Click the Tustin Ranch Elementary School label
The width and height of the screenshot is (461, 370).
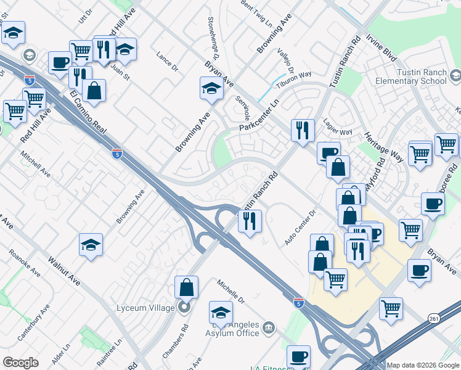(422, 76)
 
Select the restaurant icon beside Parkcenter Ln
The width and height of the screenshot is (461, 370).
(302, 130)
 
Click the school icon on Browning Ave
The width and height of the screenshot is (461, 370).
(211, 89)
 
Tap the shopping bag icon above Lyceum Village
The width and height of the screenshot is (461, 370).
(186, 287)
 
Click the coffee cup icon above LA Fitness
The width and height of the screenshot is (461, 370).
(298, 356)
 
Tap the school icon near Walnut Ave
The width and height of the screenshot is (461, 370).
(91, 245)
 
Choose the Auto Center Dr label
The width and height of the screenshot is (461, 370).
(300, 227)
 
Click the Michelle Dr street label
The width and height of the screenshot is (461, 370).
(230, 292)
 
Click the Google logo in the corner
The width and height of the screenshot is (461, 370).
(20, 363)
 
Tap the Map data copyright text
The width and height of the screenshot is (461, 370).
(423, 365)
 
